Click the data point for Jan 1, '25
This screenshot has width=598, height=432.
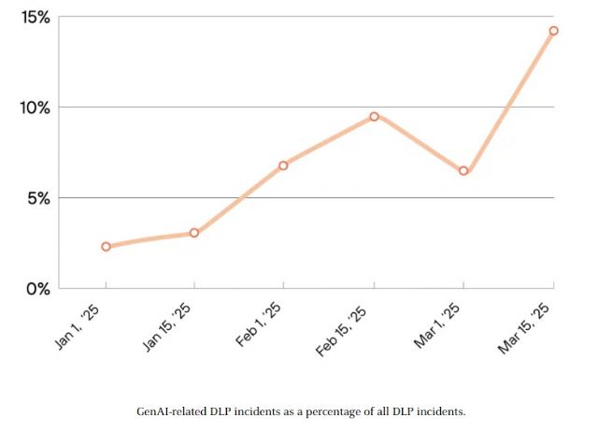pyautogui.click(x=106, y=247)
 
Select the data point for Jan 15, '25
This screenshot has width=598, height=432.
pyautogui.click(x=194, y=233)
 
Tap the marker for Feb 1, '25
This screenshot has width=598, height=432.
pyautogui.click(x=283, y=166)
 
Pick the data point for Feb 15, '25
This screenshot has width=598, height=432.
pyautogui.click(x=374, y=116)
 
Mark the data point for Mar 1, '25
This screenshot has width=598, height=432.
pyautogui.click(x=463, y=171)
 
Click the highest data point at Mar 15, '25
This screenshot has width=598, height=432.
pyautogui.click(x=553, y=31)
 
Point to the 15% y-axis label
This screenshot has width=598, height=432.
pyautogui.click(x=34, y=18)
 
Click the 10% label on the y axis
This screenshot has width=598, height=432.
pyautogui.click(x=34, y=107)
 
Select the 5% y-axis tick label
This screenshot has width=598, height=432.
pyautogui.click(x=37, y=197)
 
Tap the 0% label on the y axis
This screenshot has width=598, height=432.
pyautogui.click(x=37, y=288)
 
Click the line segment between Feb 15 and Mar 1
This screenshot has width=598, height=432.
pyautogui.click(x=419, y=144)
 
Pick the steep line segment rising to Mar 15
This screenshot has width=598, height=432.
pyautogui.click(x=508, y=101)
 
